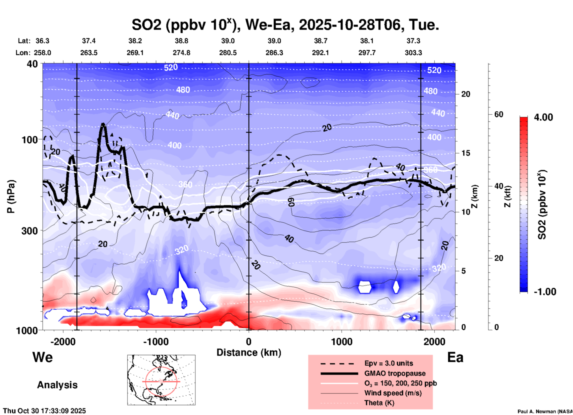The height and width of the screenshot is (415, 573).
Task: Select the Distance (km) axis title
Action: coord(249,352)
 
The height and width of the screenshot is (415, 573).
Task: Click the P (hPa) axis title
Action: coord(11,196)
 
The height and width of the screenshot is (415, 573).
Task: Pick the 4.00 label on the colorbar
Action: coord(543,117)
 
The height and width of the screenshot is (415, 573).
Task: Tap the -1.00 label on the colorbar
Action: coord(545,292)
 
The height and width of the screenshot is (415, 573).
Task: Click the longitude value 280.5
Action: coord(228,53)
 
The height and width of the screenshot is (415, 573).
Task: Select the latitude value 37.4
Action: coord(89,41)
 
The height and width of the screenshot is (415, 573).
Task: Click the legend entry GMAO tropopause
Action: coord(394,373)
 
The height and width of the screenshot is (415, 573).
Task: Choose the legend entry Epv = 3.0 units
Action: coord(389,363)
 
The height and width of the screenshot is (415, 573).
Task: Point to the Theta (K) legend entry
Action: coord(379,403)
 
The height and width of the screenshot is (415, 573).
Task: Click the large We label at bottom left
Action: coord(43,357)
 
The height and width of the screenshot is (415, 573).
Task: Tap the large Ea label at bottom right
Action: coord(455,357)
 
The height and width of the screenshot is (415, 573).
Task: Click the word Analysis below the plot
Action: coord(57,385)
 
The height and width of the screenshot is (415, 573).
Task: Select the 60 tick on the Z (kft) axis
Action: coord(499,114)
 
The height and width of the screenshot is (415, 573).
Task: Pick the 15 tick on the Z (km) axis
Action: coord(466,153)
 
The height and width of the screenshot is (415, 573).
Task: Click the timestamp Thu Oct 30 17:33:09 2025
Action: coord(45,411)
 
